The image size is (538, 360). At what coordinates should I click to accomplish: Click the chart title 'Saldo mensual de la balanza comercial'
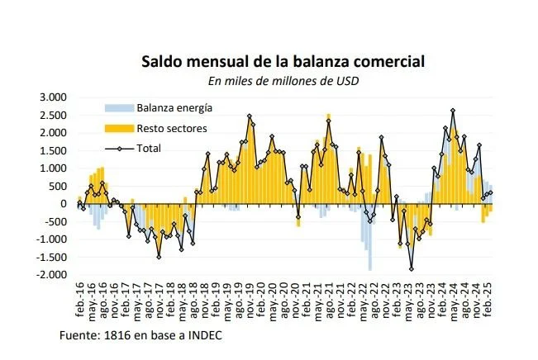coord(283,62)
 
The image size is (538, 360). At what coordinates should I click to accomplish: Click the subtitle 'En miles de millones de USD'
coord(283,81)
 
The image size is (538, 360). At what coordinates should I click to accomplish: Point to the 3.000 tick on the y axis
coord(53,97)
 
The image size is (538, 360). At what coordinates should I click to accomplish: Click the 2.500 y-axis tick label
coord(53,115)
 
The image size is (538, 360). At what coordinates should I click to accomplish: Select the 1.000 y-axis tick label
coord(53,168)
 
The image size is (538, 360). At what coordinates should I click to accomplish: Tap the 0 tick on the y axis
coord(64,204)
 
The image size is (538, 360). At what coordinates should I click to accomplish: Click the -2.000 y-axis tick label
coord(51,275)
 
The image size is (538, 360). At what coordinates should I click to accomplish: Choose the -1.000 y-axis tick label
coord(51,239)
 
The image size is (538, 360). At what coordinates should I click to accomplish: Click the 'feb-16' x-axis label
coord(79,304)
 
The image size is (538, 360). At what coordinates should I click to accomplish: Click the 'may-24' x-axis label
coord(455,304)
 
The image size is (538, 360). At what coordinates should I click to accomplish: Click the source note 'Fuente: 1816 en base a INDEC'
coord(140,335)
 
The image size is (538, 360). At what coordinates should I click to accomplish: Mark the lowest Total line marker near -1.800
coord(411,268)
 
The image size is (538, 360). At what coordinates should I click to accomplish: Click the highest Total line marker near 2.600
coord(453,110)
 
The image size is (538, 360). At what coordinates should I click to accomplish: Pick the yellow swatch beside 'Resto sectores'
coord(119,128)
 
